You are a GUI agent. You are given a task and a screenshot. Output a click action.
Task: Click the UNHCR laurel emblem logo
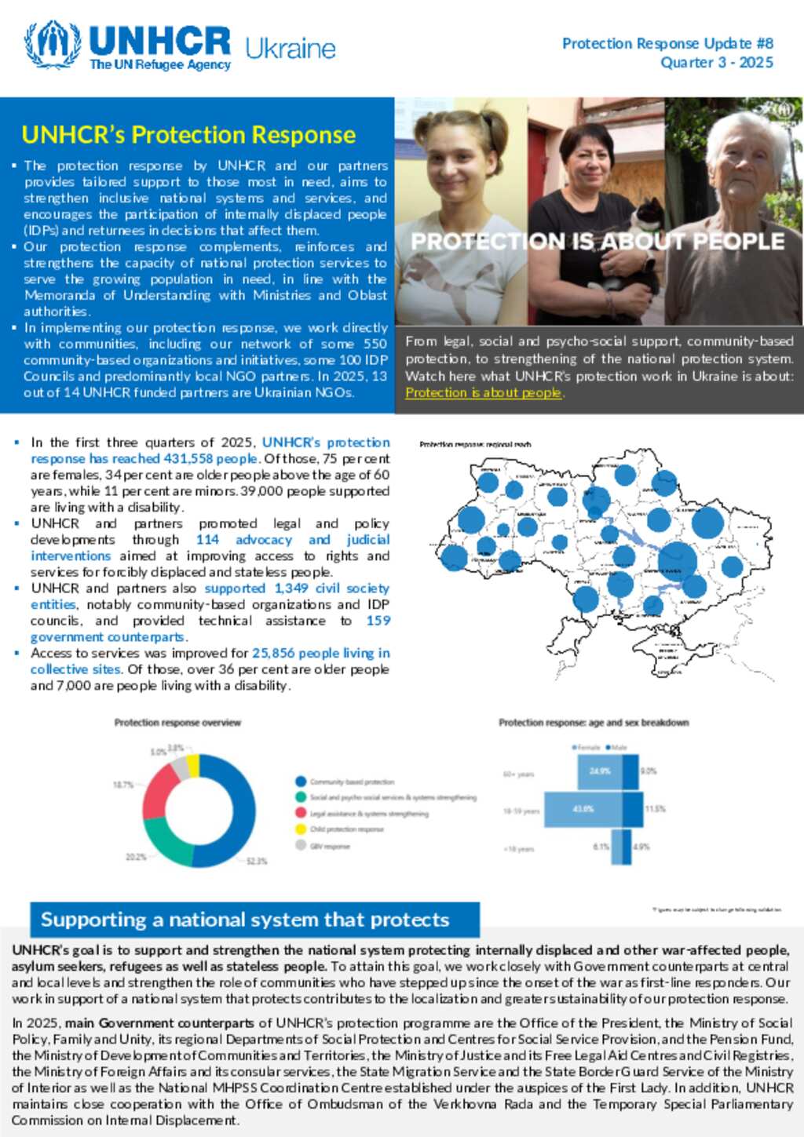point(52,44)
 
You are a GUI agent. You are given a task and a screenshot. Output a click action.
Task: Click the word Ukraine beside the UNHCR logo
point(290,49)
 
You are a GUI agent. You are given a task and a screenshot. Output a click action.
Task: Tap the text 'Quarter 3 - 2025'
point(716,63)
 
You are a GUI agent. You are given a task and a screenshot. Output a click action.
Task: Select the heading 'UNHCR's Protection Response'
point(188,135)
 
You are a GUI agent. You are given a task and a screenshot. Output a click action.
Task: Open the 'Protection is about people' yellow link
point(484,392)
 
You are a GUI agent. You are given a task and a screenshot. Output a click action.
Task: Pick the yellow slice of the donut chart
point(193,765)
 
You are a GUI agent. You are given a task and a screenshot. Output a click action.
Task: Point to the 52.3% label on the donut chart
point(257,861)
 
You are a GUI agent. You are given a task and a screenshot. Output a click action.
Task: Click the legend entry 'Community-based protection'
point(352,782)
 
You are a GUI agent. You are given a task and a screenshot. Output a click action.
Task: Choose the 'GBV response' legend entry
point(330,846)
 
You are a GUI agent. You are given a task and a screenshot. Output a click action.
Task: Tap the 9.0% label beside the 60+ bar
point(649,771)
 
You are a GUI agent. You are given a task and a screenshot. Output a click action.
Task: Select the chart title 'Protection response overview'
point(177,723)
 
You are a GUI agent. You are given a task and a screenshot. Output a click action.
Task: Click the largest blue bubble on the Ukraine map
point(678,559)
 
